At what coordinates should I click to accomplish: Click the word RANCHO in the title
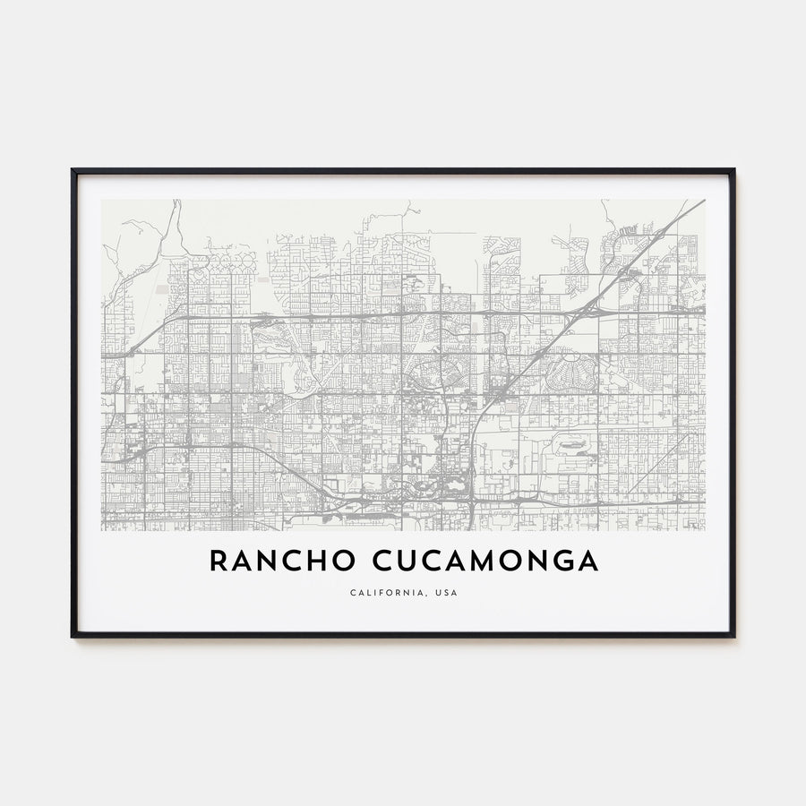(x=270, y=561)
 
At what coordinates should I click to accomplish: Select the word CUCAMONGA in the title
(x=473, y=561)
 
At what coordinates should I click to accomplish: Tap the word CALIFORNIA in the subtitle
(x=379, y=592)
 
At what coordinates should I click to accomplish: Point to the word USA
(x=445, y=592)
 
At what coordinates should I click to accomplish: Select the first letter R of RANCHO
(x=218, y=561)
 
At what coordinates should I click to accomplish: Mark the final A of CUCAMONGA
(x=587, y=561)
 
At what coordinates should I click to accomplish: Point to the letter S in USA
(x=445, y=592)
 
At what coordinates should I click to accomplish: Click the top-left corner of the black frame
(x=73, y=170)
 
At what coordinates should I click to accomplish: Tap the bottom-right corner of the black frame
(x=733, y=636)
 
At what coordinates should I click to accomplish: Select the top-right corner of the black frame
(x=733, y=170)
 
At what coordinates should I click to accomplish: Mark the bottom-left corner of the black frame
(x=73, y=636)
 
